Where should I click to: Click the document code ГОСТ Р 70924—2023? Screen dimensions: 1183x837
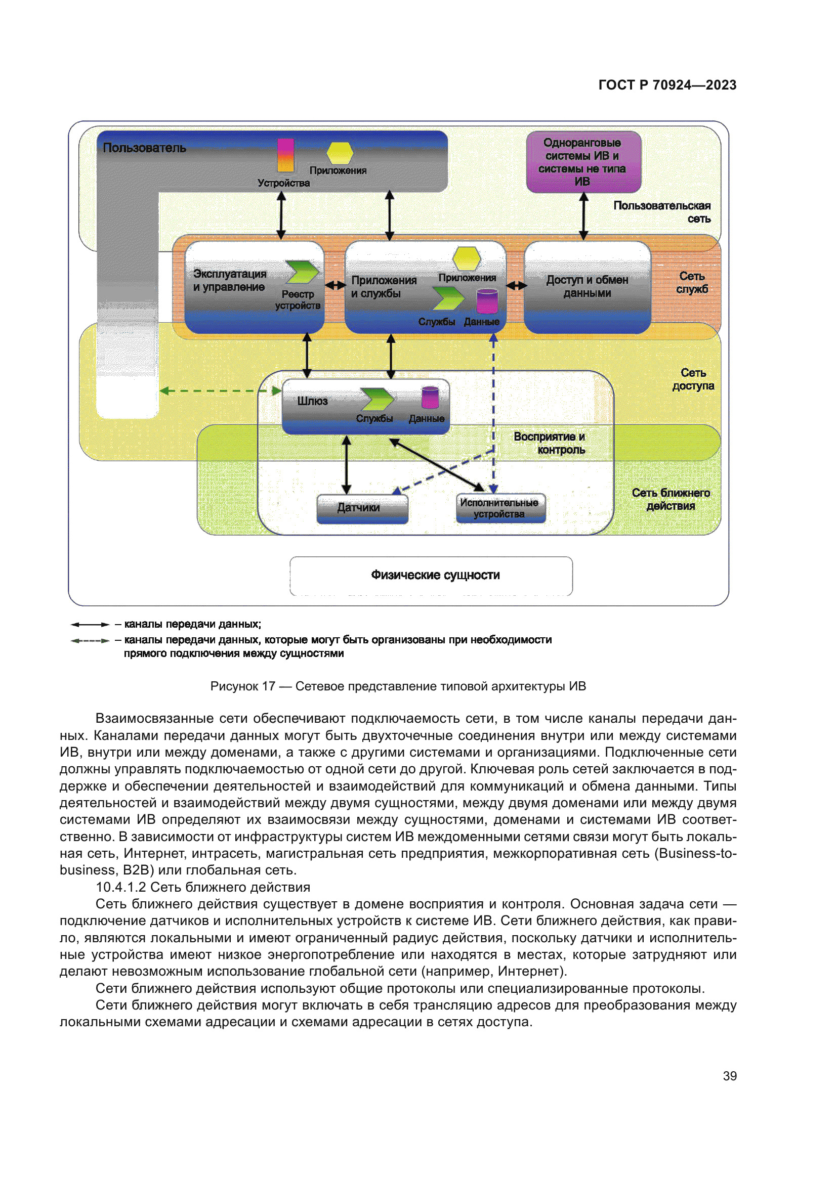[667, 85]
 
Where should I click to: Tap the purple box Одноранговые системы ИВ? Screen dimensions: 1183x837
[583, 162]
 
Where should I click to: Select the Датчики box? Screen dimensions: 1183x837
[362, 508]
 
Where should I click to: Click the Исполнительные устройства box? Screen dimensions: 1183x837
[500, 508]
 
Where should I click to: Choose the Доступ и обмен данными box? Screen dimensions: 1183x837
[587, 287]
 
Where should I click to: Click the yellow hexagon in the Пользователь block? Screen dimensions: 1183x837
[340, 153]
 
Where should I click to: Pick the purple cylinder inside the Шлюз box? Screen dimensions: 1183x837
[430, 398]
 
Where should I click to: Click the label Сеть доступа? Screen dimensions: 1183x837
[693, 379]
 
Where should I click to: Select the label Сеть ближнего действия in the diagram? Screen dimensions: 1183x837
[671, 499]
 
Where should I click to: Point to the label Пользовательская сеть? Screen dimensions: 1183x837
[662, 212]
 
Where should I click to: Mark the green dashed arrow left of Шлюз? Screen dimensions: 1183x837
[220, 391]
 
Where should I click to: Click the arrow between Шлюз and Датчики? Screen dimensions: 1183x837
[346, 464]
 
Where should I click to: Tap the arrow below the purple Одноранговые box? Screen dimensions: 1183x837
[583, 216]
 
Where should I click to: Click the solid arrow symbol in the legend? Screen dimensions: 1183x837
[90, 625]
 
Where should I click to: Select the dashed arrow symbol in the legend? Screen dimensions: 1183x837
[90, 640]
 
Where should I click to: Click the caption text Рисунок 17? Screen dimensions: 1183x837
[242, 686]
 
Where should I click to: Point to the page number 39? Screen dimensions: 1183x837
[729, 1076]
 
